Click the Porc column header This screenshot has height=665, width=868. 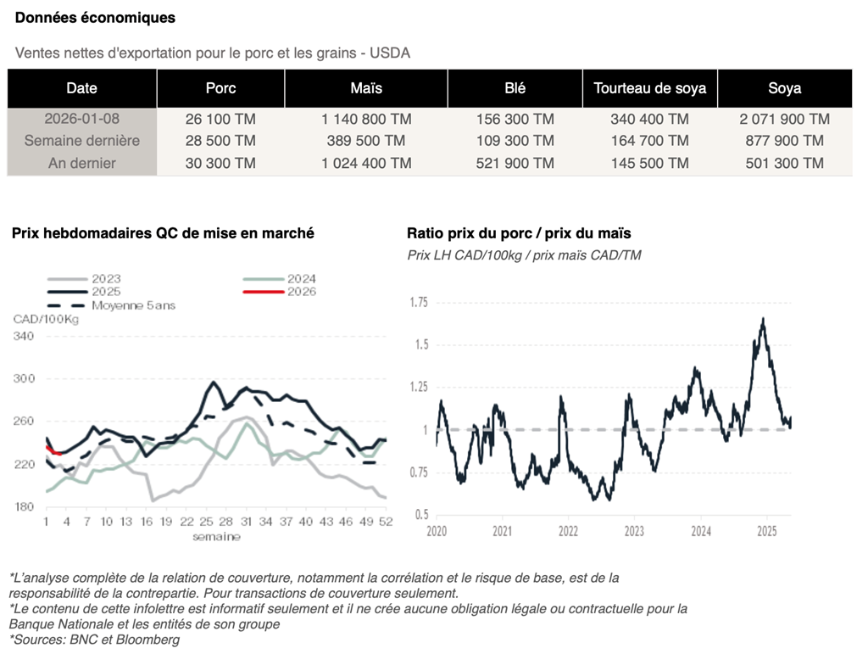pos(220,88)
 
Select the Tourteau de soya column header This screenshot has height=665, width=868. pos(649,88)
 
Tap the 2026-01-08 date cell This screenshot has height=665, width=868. pos(81,119)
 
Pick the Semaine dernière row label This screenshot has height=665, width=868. pos(81,141)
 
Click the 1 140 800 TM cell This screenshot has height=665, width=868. pos(366,119)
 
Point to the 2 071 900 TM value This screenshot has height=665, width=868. pos(784,119)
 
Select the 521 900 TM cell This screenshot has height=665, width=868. pos(515,163)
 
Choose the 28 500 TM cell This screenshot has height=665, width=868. pos(220,141)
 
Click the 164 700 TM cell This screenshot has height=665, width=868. pos(649,141)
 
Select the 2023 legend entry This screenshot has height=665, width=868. pos(106,278)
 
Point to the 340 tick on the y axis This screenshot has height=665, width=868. pos(24,337)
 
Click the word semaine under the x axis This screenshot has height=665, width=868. pos(216,536)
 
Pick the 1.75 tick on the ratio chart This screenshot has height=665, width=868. pos(419,303)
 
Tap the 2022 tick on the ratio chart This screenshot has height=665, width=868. pos(568,532)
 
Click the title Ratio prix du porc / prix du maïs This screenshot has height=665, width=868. pos(519,232)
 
